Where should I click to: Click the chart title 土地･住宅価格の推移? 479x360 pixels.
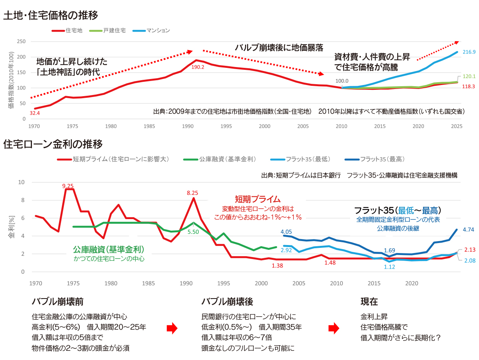[x=51, y=16]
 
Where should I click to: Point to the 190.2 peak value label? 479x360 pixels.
[x=198, y=67]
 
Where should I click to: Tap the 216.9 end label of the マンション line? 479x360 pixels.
[x=469, y=52]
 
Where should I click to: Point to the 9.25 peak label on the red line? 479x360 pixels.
[x=68, y=186]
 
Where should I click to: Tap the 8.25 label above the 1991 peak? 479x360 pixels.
[x=193, y=193]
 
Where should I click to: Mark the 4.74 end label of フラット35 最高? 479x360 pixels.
[x=469, y=229]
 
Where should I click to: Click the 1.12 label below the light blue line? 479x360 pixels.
[x=390, y=267]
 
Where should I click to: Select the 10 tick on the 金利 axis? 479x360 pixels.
[x=22, y=182]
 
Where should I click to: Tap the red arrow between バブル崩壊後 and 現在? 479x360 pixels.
[x=334, y=328]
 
